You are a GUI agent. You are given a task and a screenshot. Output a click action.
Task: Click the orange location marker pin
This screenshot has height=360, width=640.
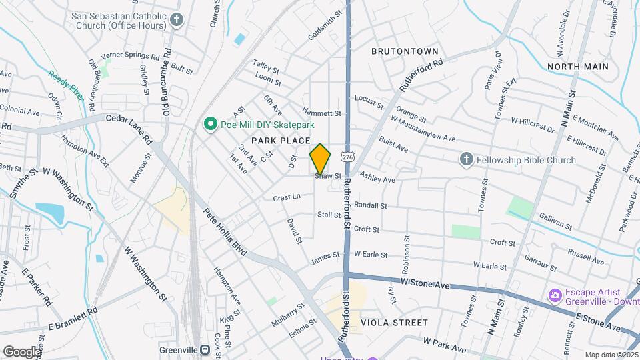[320, 159]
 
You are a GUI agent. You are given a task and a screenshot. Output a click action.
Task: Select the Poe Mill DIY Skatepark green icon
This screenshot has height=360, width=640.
[211, 125]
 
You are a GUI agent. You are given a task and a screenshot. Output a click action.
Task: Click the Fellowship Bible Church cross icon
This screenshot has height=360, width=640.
[467, 160]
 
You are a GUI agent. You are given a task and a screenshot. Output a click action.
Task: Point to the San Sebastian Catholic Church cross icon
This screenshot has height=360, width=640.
[177, 19]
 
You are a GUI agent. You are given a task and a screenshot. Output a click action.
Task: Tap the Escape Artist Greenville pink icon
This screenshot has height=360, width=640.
[554, 295]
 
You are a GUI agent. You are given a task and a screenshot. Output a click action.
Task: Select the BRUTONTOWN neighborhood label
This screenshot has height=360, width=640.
[405, 51]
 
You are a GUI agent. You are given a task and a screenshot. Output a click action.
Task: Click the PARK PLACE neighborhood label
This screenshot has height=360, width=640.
[281, 141]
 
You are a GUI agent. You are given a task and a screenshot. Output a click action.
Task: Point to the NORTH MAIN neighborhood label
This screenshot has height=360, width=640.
[577, 67]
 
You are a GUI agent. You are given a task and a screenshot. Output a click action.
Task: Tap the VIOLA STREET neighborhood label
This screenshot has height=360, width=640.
[394, 323]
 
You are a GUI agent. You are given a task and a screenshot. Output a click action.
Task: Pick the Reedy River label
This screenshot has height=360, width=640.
[67, 85]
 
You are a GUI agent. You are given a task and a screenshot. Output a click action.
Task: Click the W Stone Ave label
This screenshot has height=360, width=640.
[427, 284]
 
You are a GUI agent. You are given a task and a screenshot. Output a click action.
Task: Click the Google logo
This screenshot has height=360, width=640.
[22, 351]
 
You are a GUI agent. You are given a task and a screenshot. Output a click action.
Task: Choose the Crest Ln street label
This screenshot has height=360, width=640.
[287, 197]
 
